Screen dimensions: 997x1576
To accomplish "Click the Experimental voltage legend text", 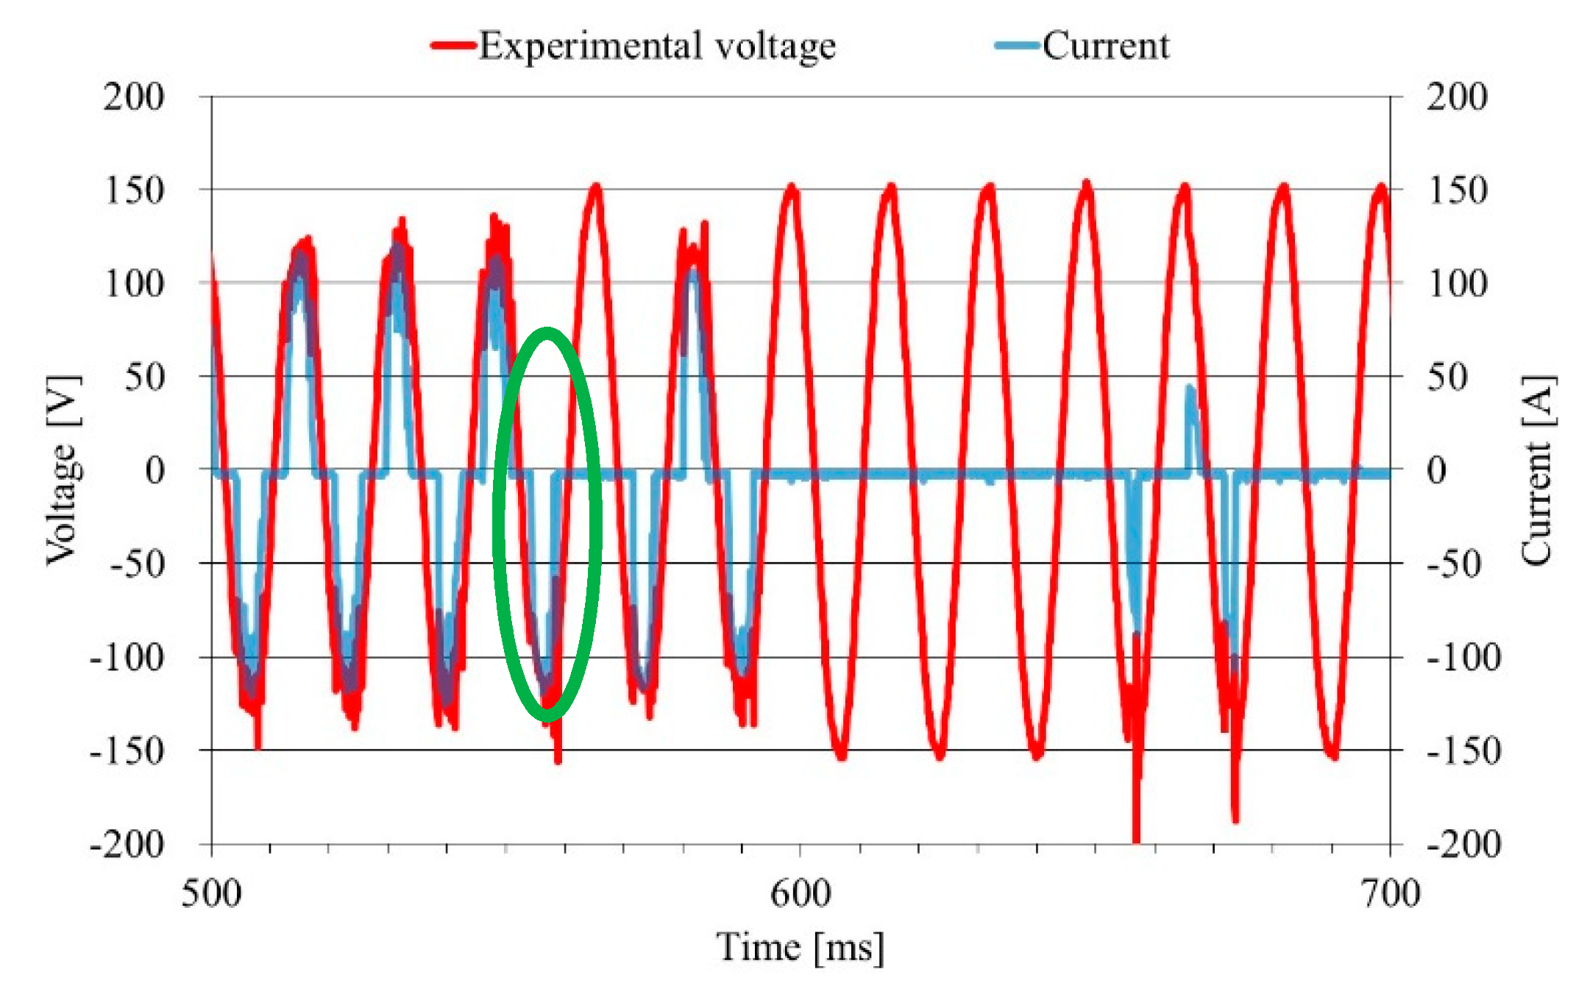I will coord(657,46).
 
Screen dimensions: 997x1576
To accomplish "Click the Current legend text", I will coord(1105,46).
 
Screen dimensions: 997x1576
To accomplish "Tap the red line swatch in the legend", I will coord(452,46).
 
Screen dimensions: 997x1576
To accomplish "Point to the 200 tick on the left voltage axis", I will coord(133,97).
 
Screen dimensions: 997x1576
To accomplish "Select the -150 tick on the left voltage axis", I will coord(126,751).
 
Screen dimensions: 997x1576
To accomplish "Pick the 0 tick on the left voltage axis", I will coord(155,471).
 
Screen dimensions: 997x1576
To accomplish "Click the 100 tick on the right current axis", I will coord(1457,284).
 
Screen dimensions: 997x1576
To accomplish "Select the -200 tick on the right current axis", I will coord(1463,845).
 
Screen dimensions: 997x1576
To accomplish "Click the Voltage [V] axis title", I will coord(63,471).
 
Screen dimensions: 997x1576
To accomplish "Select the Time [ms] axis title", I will coord(801,948).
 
